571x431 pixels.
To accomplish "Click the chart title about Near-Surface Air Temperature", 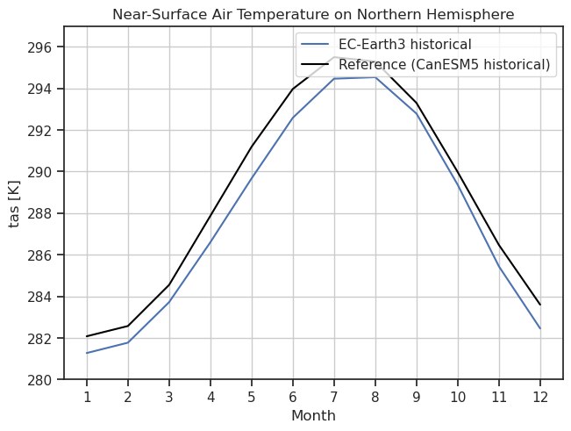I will [x=313, y=14].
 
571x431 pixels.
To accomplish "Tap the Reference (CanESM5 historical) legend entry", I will [x=444, y=64].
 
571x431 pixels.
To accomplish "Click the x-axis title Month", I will [x=313, y=415].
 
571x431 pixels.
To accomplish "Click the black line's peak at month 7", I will [x=334, y=57].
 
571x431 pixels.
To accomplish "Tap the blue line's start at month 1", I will [x=87, y=353].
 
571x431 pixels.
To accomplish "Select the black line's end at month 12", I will [x=539, y=305].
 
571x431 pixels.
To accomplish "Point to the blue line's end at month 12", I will [x=539, y=328].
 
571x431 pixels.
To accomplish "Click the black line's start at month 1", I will [x=87, y=336].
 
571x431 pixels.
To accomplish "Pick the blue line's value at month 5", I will [x=252, y=178].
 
